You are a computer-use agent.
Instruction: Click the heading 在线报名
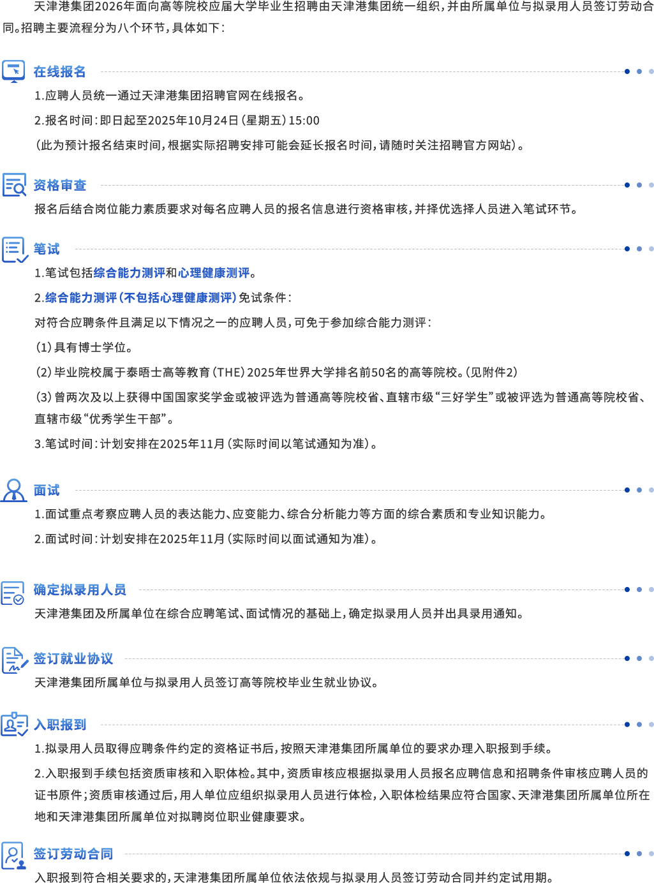click(x=59, y=71)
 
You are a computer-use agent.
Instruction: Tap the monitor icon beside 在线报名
click(x=13, y=71)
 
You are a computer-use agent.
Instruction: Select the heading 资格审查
click(x=59, y=185)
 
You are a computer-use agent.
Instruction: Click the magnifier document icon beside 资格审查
click(x=14, y=185)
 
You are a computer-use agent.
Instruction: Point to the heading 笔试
click(x=46, y=249)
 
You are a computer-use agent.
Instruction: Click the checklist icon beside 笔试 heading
click(x=15, y=249)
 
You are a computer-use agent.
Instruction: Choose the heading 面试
click(x=46, y=490)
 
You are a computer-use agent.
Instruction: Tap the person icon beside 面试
click(x=14, y=490)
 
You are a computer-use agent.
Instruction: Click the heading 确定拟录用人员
click(x=79, y=590)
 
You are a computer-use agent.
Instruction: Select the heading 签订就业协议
click(x=73, y=658)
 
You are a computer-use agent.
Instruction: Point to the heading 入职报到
click(x=59, y=725)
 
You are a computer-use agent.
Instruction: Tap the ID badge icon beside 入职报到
click(x=14, y=724)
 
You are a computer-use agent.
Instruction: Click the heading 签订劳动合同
click(x=73, y=854)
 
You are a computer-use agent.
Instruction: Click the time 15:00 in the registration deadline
click(x=304, y=121)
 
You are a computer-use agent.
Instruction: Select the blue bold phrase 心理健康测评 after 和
click(x=214, y=272)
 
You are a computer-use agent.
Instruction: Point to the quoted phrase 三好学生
click(x=464, y=397)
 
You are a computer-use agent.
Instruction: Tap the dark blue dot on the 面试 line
click(x=627, y=490)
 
